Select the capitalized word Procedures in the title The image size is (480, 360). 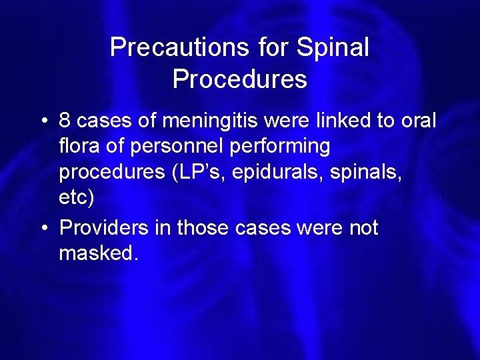click(240, 79)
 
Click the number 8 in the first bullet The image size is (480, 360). click(65, 121)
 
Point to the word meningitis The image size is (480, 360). click(205, 121)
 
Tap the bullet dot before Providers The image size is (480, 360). click(43, 228)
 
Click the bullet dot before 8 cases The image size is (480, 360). click(43, 121)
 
